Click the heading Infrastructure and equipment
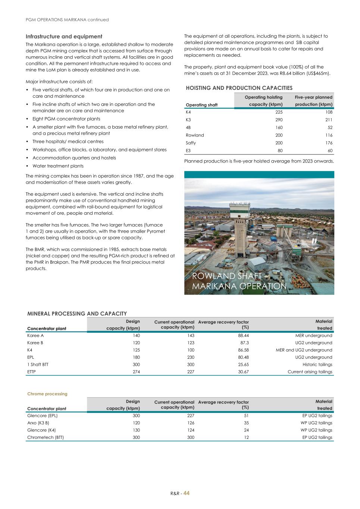64,37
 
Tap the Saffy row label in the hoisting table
191,143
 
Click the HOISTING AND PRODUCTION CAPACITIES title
239,88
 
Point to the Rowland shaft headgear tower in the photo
239,224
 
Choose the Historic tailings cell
317,364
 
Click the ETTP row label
32,372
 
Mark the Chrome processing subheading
47,394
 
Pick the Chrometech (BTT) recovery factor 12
246,437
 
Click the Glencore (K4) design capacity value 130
136,430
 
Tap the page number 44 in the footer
187,493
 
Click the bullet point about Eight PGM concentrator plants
66,119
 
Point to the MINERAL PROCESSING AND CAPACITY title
77,314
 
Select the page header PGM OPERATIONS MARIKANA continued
67,20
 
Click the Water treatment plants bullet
58,166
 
